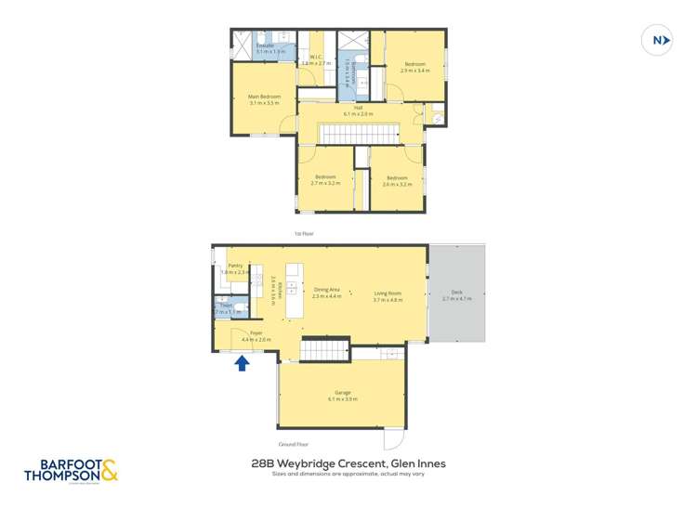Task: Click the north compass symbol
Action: tap(658, 41)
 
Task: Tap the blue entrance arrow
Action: tap(241, 363)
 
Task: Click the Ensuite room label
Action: tap(265, 47)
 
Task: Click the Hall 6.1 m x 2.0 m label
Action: tap(358, 111)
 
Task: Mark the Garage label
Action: tap(342, 396)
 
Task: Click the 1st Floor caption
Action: tap(302, 234)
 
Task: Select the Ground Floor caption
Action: tap(294, 445)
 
